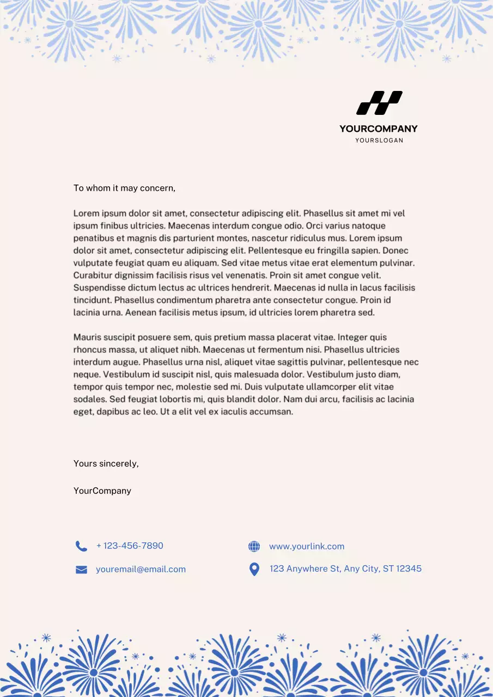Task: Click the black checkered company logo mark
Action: [x=379, y=103]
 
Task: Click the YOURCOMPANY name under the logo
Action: [x=378, y=129]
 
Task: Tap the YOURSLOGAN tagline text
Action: [x=379, y=140]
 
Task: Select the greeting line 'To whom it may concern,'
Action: [x=124, y=188]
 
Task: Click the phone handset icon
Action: [x=81, y=546]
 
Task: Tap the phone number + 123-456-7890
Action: [x=130, y=546]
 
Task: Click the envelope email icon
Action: [x=81, y=570]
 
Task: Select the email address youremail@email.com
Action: [x=141, y=569]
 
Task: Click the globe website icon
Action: [x=254, y=546]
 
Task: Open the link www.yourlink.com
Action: [x=307, y=546]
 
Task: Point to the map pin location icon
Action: [x=254, y=569]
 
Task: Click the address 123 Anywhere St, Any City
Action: [x=345, y=568]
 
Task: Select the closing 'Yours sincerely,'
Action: [x=106, y=464]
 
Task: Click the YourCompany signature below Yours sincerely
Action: [x=102, y=491]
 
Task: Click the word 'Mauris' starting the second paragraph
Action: [x=87, y=338]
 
